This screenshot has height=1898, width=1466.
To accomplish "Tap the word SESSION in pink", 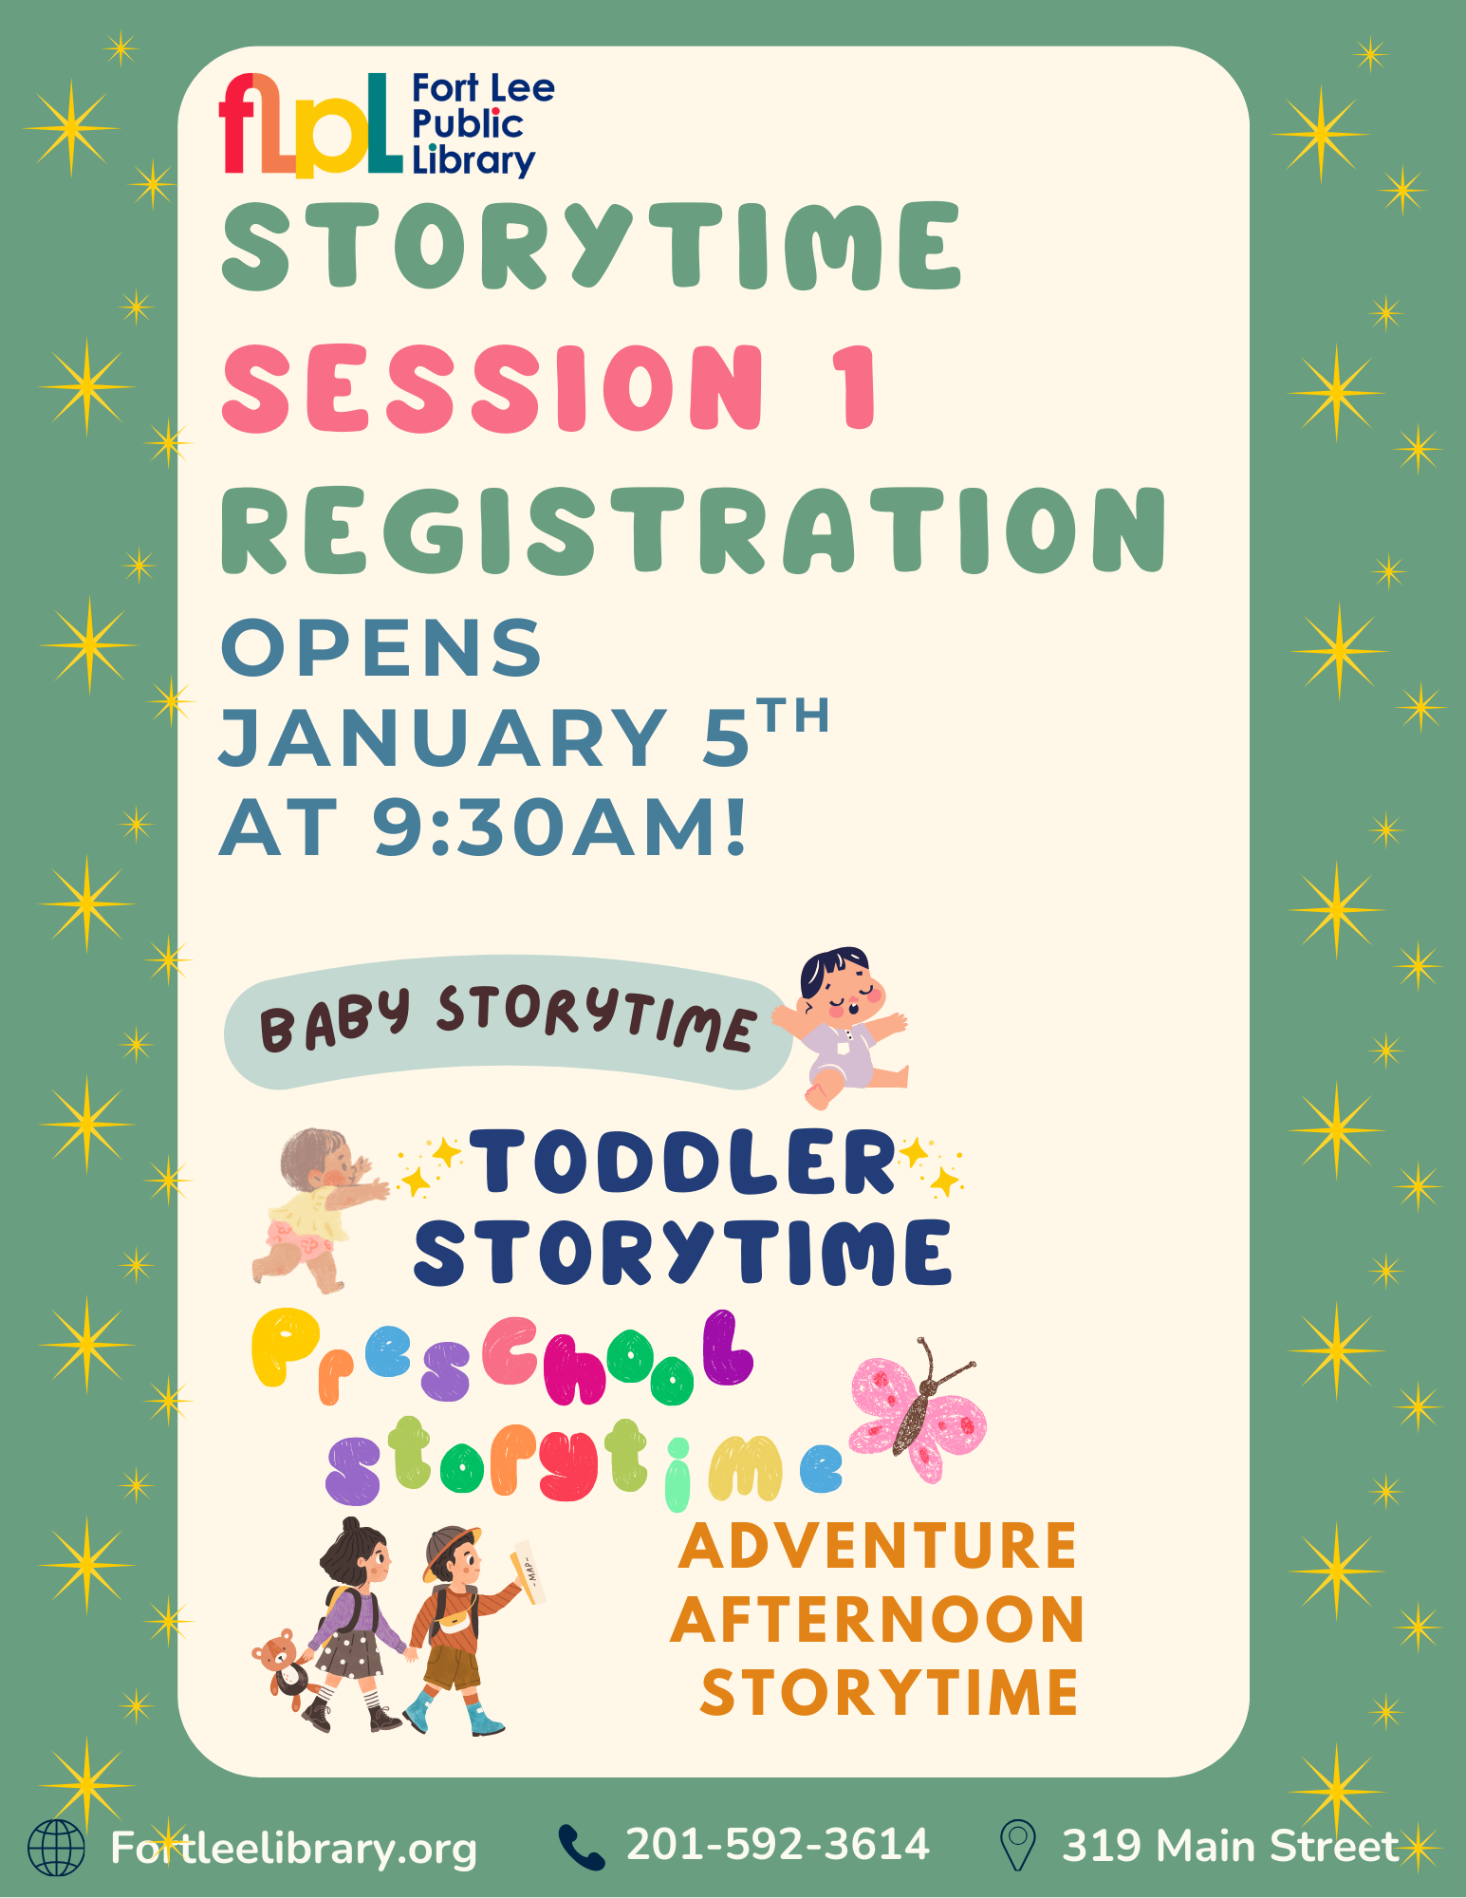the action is pos(492,387).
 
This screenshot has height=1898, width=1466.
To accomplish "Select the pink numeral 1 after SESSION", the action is pos(858,387).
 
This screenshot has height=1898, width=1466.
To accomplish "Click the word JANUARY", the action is pos(442,737).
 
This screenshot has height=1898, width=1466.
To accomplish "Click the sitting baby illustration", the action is pos(841,1026).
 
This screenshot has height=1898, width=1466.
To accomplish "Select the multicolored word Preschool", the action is pos(503,1358).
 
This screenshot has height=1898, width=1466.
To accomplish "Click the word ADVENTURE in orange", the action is pos(878,1546).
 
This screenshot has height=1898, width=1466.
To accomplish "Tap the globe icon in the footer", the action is pos(56,1848).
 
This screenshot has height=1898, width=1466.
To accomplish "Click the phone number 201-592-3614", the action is pos(777,1845).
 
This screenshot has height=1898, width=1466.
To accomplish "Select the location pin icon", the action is pos(1018,1845).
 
